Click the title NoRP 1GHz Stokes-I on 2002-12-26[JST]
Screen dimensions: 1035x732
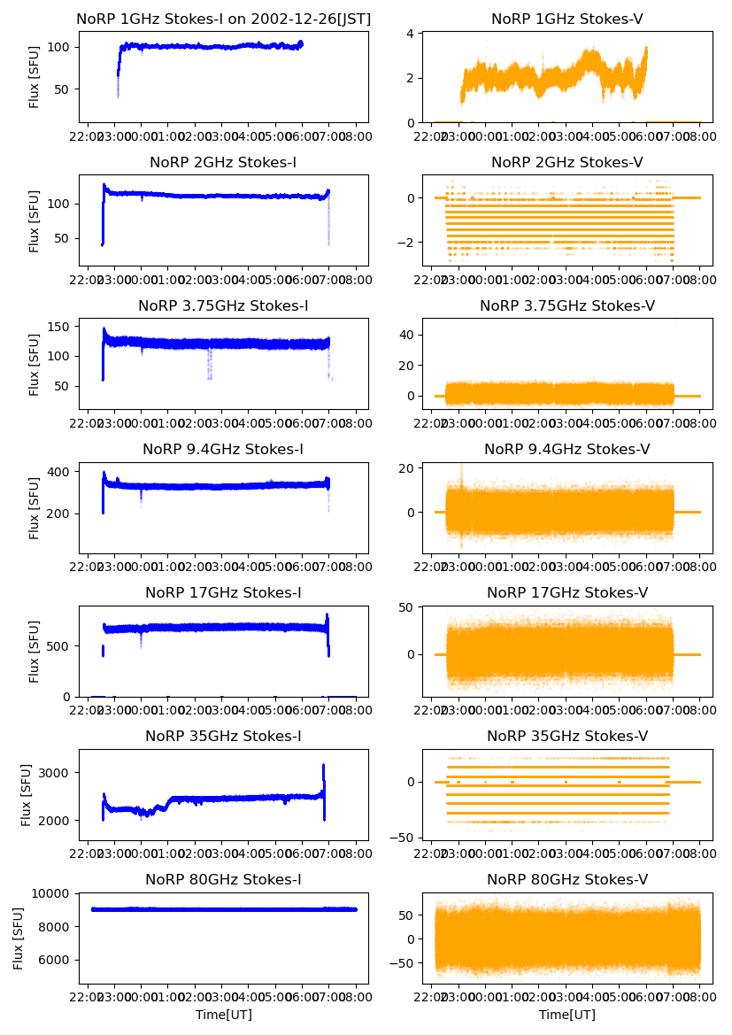(x=224, y=19)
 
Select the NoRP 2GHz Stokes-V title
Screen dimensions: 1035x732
(x=567, y=163)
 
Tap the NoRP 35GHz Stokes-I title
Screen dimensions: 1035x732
(x=224, y=737)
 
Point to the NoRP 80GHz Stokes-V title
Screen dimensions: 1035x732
(x=567, y=880)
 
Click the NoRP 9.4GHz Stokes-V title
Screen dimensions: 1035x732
(x=567, y=450)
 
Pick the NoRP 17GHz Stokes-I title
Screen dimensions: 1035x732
(x=224, y=593)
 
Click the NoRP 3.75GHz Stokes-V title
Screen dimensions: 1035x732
(x=567, y=306)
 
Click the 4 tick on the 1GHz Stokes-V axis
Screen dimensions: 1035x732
(x=411, y=34)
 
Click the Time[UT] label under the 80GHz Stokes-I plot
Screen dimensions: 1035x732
(x=224, y=1015)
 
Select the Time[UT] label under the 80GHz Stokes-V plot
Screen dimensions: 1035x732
(x=567, y=1015)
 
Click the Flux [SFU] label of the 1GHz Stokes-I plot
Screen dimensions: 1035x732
(x=35, y=77)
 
